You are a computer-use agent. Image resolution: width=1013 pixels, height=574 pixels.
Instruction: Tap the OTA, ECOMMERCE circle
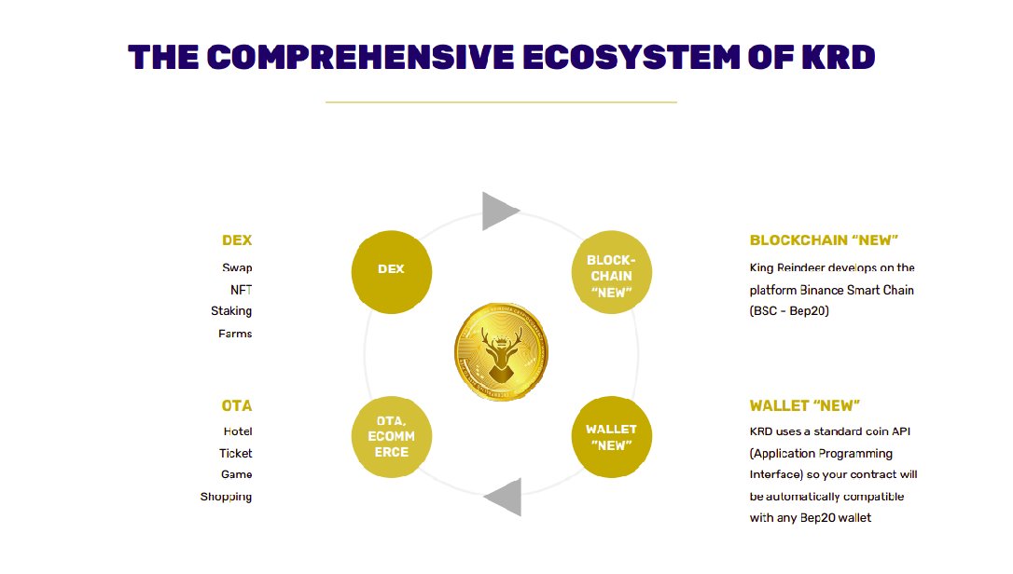pos(392,437)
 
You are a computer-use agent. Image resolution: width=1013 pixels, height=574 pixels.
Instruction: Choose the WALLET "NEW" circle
pos(611,437)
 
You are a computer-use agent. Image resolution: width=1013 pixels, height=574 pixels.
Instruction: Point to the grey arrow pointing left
pos(502,497)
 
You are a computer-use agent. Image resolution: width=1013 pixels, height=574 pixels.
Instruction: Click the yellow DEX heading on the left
pos(237,240)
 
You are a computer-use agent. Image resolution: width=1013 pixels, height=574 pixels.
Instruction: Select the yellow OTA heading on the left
pos(237,406)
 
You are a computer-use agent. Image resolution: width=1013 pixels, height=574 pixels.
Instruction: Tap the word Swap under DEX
pos(237,267)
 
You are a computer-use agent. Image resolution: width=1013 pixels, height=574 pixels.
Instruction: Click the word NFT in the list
pos(241,289)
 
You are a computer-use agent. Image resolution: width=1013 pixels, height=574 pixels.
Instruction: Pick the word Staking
pos(231,311)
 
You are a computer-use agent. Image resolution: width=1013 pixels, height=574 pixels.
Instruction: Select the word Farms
pos(235,334)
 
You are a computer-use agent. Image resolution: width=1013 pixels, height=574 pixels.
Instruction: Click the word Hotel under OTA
pos(238,431)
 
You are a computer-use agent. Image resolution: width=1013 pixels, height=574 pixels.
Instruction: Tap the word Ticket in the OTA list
pos(236,453)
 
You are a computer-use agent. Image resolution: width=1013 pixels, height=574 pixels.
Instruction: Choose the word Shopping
pos(226,497)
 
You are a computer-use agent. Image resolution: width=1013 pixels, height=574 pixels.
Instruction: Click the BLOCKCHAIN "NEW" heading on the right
pos(824,240)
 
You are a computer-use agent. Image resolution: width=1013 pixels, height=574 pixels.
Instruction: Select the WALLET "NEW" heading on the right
pos(804,406)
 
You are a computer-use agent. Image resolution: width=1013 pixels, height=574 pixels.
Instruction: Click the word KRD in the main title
pos(838,58)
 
